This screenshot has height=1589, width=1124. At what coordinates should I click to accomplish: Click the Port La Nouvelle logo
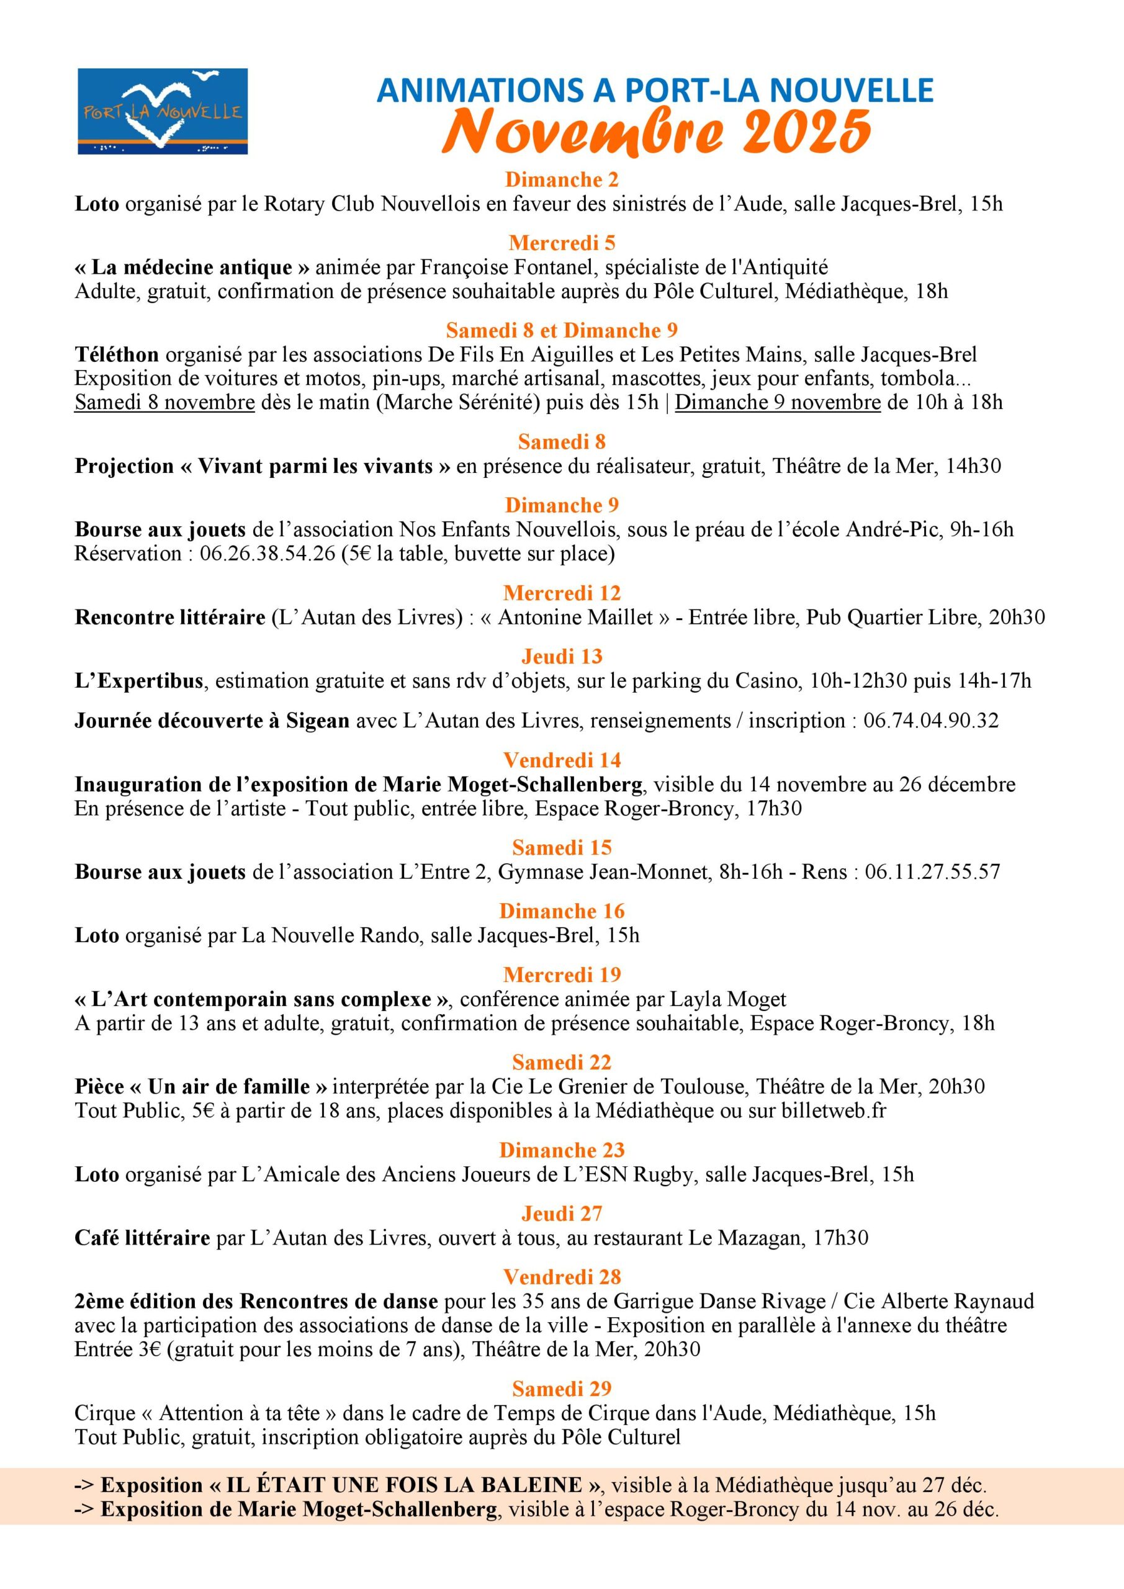point(163,110)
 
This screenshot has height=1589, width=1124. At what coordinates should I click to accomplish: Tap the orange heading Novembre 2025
point(656,132)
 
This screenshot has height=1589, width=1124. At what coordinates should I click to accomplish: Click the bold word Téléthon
point(117,355)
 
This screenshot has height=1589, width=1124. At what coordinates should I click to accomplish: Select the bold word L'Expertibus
point(139,681)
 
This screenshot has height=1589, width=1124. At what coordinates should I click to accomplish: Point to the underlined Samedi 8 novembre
point(164,402)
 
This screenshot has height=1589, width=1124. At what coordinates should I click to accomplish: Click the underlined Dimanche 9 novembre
point(777,402)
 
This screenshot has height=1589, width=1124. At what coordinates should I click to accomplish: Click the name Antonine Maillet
point(575,618)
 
